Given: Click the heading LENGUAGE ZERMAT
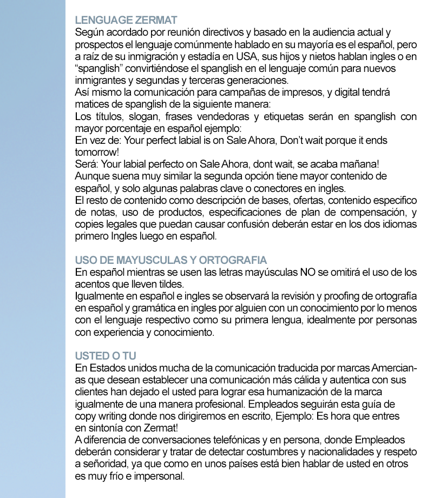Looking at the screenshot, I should pos(126,20).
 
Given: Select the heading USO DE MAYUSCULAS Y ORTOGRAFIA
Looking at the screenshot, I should pos(170,260).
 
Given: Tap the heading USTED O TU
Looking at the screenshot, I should pos(106,356).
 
